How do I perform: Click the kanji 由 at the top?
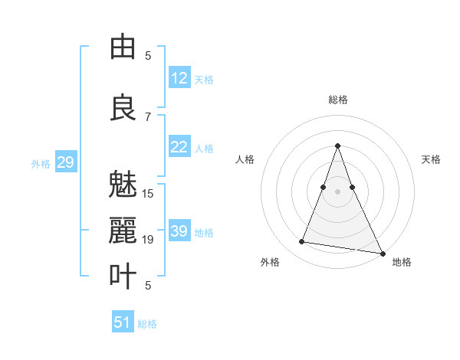point(123,47)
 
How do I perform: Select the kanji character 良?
point(123,106)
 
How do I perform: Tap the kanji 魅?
point(123,185)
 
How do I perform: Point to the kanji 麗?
point(123,230)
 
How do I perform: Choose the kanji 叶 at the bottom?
point(123,276)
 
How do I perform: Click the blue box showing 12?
point(179,77)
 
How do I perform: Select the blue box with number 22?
point(179,147)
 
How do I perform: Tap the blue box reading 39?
point(179,231)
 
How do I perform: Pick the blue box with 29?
point(65,162)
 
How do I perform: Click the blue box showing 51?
point(123,322)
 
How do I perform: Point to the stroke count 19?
point(148,240)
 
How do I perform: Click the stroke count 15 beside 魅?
point(148,193)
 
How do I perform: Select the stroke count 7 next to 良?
point(148,116)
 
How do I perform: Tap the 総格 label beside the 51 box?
point(147,324)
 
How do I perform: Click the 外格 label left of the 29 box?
point(41,163)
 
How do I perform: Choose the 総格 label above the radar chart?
point(337,100)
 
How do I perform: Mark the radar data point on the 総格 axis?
point(337,146)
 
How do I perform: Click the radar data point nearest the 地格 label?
point(382,254)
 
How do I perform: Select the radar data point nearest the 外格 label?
point(301,242)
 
